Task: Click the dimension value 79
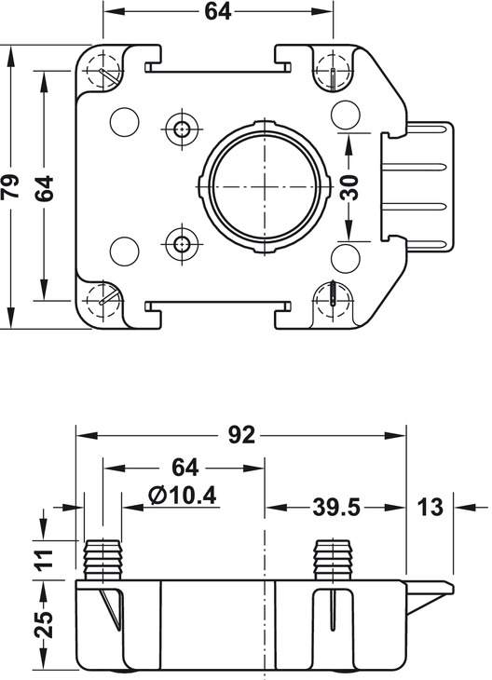[10, 186]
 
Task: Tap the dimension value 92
[241, 435]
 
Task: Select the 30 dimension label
[349, 187]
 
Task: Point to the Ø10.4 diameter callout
[183, 496]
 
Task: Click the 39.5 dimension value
[336, 507]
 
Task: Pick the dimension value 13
[430, 507]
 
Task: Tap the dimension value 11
[44, 560]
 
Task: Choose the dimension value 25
[44, 624]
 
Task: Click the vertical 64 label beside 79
[44, 188]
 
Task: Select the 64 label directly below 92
[184, 468]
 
